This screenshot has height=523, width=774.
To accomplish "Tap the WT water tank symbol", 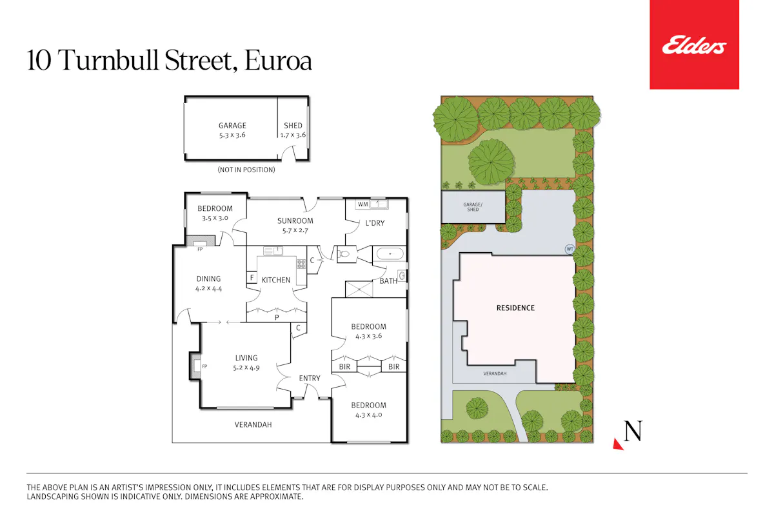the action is point(570,249).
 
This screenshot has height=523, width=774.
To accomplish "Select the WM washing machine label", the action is point(362,204).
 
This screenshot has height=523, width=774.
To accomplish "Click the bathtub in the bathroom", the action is point(390,254).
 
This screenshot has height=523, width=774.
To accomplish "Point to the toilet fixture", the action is point(343,255).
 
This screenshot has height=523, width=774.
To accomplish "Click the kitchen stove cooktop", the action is point(301,264).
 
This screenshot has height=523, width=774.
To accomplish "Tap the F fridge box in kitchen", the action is point(252,277).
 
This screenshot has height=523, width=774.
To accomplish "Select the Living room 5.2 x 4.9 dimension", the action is point(246,368).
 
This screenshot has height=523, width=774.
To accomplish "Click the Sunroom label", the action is point(295,221).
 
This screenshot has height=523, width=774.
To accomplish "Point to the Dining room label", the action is point(208,279).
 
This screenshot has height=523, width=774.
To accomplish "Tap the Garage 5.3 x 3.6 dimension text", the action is point(232,135).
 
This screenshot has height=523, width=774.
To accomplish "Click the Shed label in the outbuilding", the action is point(293,125).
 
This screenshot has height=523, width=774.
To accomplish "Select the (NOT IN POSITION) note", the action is point(246,170).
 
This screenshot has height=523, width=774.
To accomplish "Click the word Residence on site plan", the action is point(515,308).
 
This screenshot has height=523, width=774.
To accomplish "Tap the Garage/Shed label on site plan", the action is point(473,207).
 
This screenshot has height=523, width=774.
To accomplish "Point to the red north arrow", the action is point(618,444).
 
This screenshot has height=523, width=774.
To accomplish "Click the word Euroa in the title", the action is point(278,61).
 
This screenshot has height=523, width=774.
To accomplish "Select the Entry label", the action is point(310,379).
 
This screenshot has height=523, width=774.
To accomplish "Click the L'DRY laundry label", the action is point(375,223).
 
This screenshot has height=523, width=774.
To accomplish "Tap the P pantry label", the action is point(277,317).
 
